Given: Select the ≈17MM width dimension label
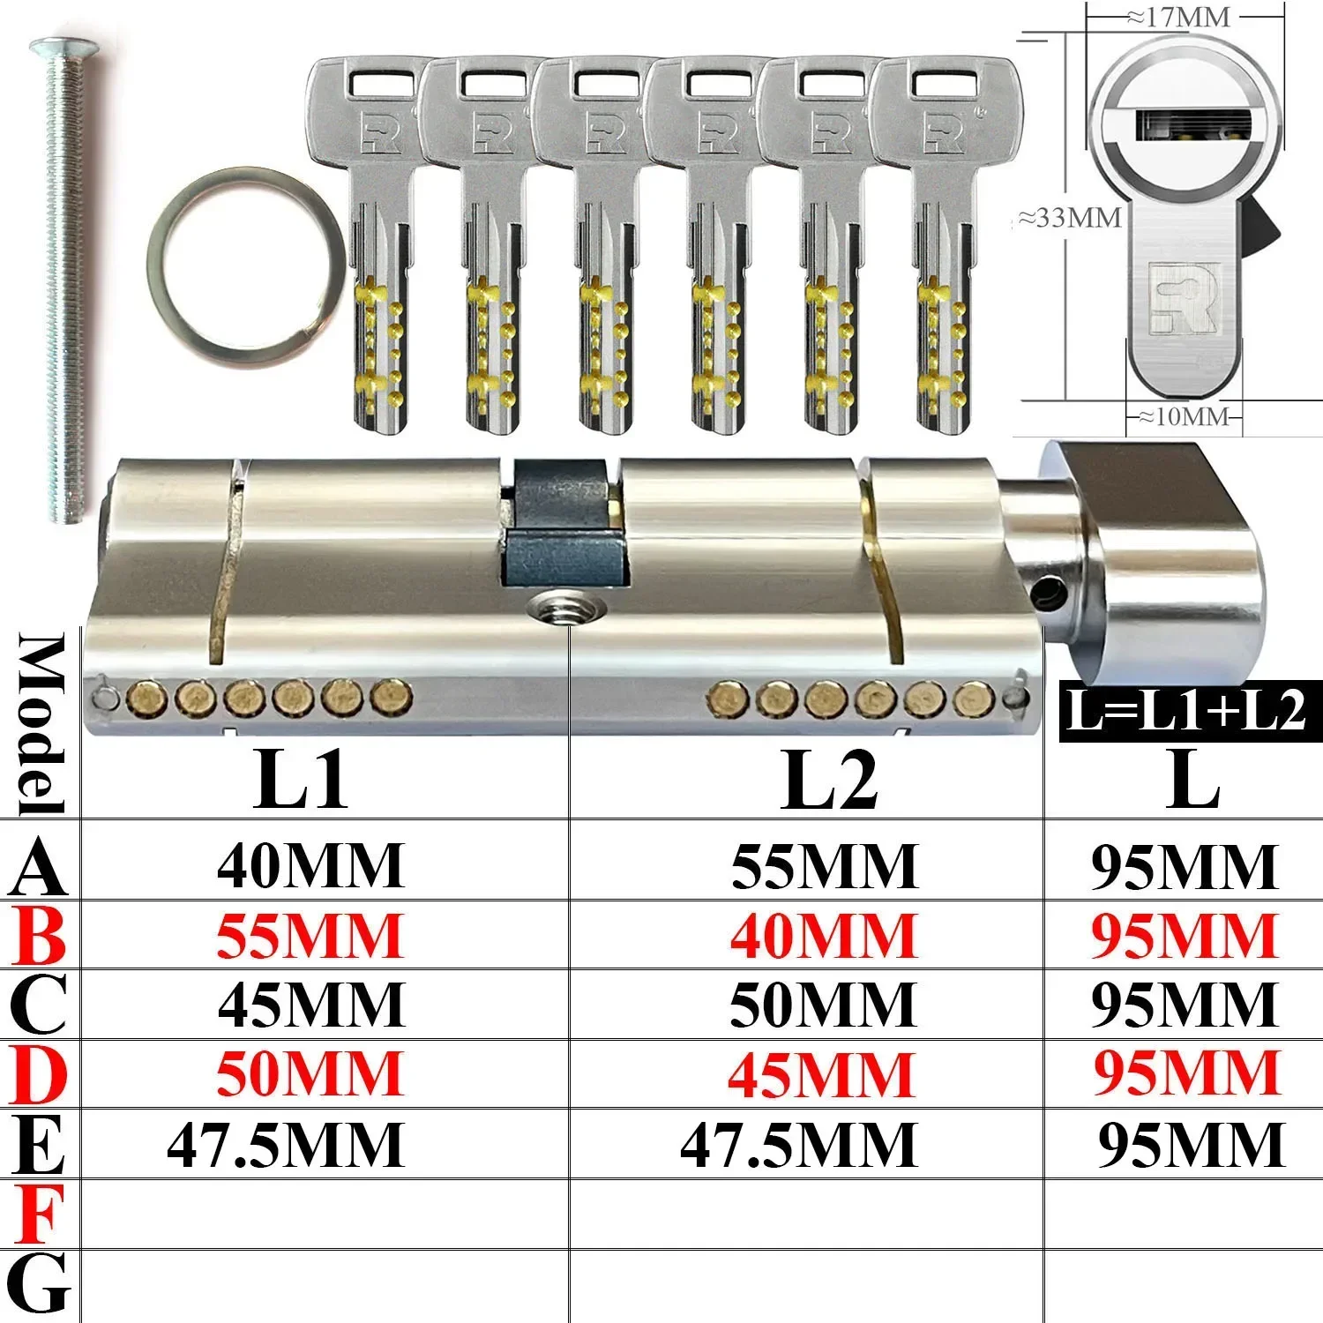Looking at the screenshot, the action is (x=1177, y=18).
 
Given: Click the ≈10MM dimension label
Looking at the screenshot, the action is (x=1182, y=415).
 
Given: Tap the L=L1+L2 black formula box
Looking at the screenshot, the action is (x=1190, y=711).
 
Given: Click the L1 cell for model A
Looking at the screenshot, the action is (x=311, y=865).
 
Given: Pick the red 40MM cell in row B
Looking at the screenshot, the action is (x=824, y=936).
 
